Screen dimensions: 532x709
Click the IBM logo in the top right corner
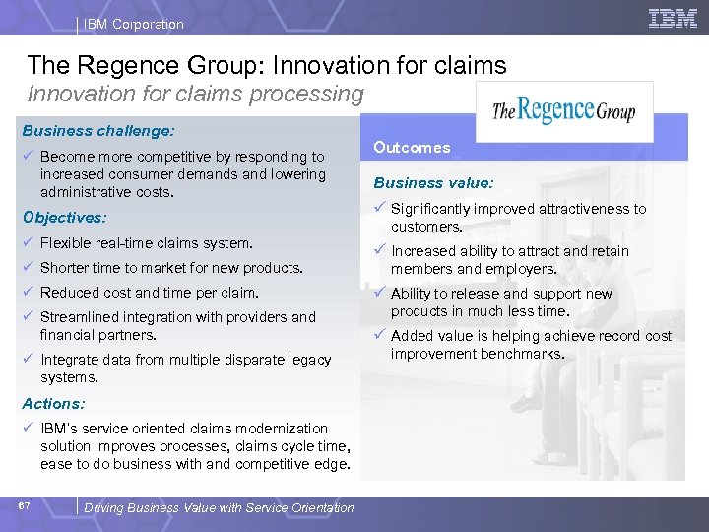[673, 18]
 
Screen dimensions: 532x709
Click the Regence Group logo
[563, 109]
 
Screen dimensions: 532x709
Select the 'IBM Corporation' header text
[133, 24]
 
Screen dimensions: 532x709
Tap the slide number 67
[24, 506]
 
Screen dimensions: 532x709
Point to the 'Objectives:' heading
[63, 217]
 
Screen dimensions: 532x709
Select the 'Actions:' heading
[53, 403]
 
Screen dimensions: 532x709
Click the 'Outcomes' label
[412, 148]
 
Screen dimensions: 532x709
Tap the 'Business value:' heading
[433, 182]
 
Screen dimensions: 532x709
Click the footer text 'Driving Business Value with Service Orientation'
[219, 508]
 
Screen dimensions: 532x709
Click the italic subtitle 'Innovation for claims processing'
[195, 95]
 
